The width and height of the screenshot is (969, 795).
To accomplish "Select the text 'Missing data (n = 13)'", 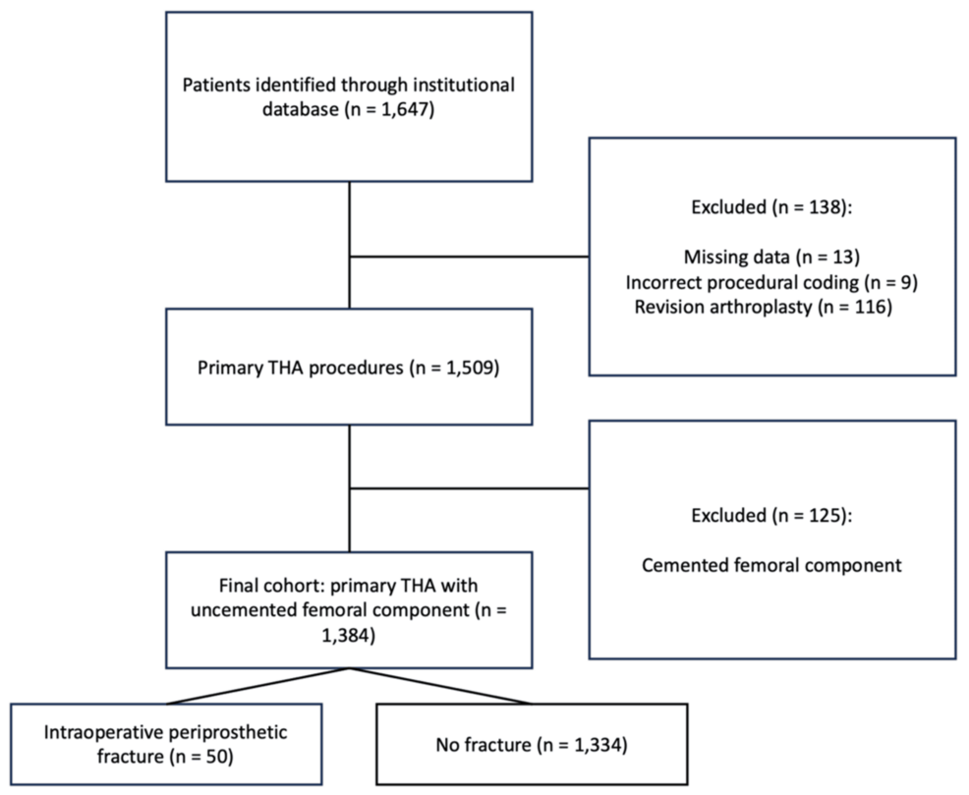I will [x=771, y=257].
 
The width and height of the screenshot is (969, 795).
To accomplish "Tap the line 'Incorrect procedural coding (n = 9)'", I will [x=771, y=283].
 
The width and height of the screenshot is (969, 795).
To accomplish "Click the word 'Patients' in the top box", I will [x=215, y=85].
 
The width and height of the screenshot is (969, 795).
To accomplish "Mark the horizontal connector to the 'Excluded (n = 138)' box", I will [x=469, y=258].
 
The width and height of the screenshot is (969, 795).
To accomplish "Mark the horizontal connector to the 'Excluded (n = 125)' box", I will [x=469, y=487].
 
